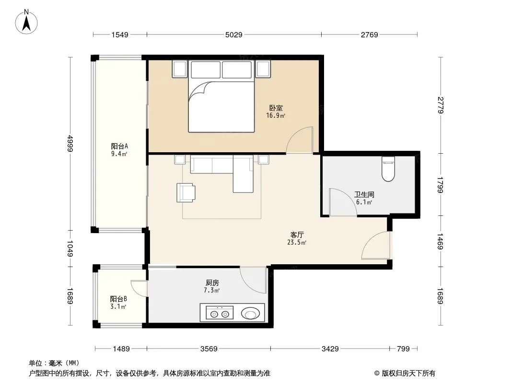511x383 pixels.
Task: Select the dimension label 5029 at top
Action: (x=233, y=35)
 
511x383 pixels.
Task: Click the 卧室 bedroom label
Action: (x=276, y=108)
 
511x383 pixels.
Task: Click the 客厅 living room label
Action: (x=297, y=235)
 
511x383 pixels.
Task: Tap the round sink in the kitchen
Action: (x=250, y=314)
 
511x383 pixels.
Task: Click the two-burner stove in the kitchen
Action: (x=220, y=313)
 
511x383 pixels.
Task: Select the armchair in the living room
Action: (x=186, y=192)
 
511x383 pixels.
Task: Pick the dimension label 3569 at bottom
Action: (x=209, y=349)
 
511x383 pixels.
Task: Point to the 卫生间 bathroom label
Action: (x=364, y=194)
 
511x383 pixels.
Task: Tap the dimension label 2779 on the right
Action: (x=441, y=105)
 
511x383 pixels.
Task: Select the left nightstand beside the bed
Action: (x=180, y=69)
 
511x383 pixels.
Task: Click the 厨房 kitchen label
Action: (x=212, y=283)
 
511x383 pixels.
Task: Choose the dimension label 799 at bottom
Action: (x=403, y=349)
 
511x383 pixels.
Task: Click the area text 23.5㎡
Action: (x=297, y=242)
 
